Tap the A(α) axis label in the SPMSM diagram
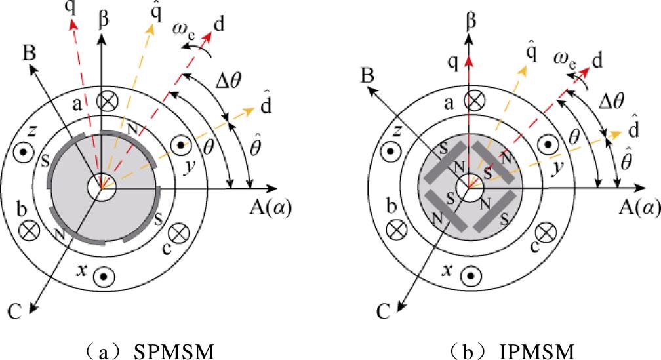[x=270, y=207]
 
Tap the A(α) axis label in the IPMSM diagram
[x=639, y=207]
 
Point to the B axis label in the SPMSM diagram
[x=29, y=54]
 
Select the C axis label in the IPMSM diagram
[x=384, y=312]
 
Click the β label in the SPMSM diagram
[x=104, y=20]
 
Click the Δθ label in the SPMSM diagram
[x=228, y=81]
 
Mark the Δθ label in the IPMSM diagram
[x=611, y=101]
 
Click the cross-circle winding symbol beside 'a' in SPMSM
[x=107, y=100]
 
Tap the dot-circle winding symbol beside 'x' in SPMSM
[x=104, y=277]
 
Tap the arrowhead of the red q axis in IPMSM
[x=469, y=62]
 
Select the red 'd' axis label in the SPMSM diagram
[x=219, y=25]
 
